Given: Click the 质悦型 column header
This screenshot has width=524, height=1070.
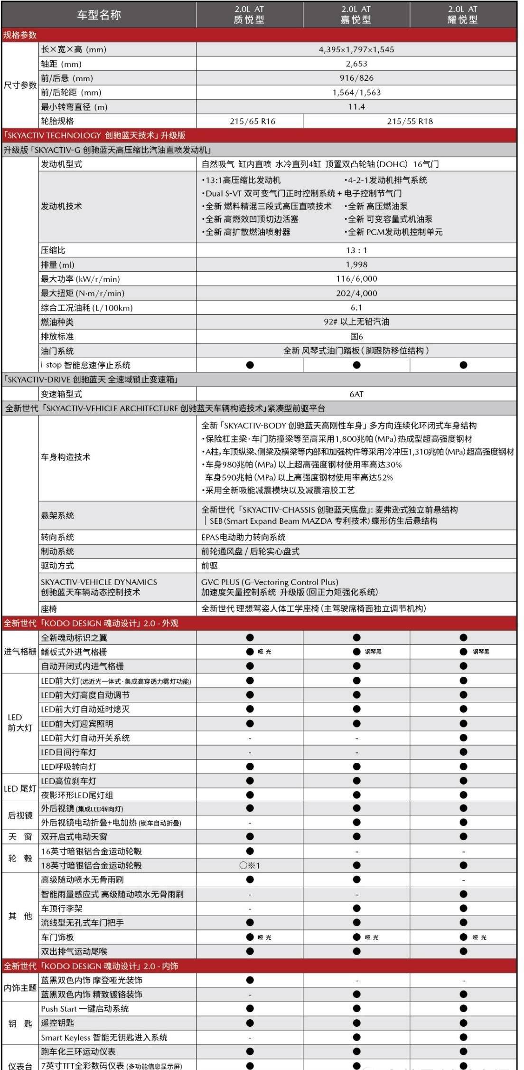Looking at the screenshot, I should (249, 15).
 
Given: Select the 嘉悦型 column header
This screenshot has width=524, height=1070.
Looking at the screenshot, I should (356, 15).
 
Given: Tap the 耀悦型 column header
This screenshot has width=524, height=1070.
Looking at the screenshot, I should (463, 15).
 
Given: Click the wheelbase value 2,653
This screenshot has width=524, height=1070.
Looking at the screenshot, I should (356, 64).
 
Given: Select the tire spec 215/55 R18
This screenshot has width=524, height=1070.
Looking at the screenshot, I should (410, 121).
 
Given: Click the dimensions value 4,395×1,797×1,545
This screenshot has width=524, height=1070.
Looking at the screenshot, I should (356, 49).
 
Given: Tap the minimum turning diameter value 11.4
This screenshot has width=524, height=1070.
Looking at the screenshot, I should (356, 107).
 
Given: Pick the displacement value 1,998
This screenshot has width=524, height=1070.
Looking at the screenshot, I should (356, 265).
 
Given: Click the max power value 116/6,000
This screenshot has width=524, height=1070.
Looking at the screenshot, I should (356, 279).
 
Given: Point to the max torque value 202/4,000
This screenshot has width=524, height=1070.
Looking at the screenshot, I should (356, 293).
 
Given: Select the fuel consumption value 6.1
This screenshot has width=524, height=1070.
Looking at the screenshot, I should (356, 308).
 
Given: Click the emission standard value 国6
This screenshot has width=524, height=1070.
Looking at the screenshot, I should (356, 336).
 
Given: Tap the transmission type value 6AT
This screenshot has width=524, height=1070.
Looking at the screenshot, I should (356, 394).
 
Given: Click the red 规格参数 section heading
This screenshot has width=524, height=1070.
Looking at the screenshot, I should (20, 35).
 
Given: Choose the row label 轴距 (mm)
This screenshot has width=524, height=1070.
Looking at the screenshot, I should (61, 64).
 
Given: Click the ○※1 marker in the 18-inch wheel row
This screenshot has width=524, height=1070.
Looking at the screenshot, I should (250, 865).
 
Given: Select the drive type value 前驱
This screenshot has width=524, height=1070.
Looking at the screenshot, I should (210, 566).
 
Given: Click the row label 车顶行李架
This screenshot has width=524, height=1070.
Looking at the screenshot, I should (62, 909).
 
